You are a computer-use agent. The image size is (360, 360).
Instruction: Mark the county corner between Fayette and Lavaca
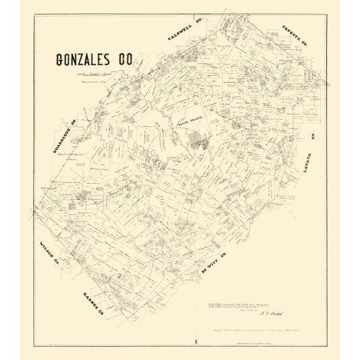(x=328, y=86)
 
